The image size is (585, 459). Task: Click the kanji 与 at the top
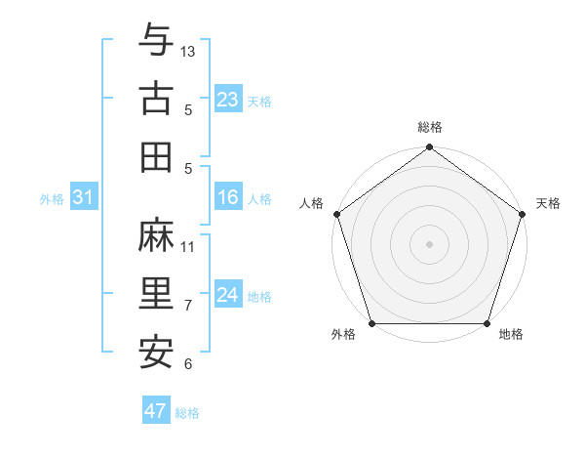(x=156, y=41)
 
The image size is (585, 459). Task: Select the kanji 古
(x=156, y=98)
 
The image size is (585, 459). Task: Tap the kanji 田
(x=156, y=156)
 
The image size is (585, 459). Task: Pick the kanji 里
(x=156, y=294)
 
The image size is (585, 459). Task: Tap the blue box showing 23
(x=228, y=99)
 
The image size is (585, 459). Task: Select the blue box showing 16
(x=228, y=197)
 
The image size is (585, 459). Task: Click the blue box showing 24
(x=228, y=295)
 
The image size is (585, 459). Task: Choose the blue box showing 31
(x=83, y=197)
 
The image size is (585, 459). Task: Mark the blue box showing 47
(x=155, y=411)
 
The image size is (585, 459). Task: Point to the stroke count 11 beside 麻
(x=188, y=246)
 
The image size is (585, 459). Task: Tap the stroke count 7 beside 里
(x=188, y=306)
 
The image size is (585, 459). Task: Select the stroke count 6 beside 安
(x=188, y=364)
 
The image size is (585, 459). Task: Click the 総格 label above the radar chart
(x=429, y=127)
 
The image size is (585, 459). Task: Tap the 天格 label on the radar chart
(x=548, y=203)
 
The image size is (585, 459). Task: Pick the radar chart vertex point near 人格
(x=337, y=214)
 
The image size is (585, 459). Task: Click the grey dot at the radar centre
(x=429, y=243)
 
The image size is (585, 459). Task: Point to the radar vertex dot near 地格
(x=487, y=323)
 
